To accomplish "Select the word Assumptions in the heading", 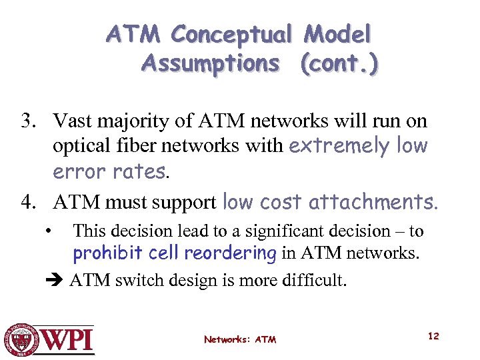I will tap(211, 63).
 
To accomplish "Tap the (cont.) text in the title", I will tap(339, 63).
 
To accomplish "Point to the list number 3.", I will tap(27, 121).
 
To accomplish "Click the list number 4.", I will tap(27, 201).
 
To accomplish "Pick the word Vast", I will tap(72, 121).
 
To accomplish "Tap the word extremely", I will tap(339, 147).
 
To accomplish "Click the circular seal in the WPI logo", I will tap(22, 339).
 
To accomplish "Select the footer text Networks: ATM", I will tap(240, 339).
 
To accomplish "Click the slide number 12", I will tap(433, 336).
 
